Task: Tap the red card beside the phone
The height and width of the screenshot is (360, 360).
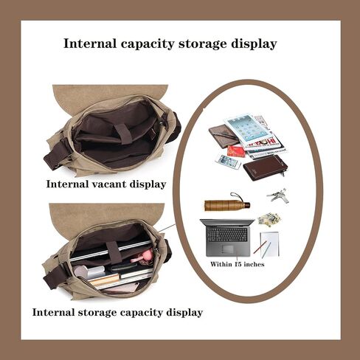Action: pyautogui.click(x=236, y=152)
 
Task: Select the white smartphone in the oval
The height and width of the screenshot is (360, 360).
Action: pyautogui.click(x=228, y=162)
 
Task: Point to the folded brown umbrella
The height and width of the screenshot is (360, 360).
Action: pyautogui.click(x=227, y=204)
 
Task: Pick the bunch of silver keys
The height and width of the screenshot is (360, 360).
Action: pyautogui.click(x=278, y=196)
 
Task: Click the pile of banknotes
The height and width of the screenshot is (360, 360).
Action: pyautogui.click(x=269, y=219)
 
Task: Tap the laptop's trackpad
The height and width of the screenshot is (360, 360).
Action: pyautogui.click(x=228, y=249)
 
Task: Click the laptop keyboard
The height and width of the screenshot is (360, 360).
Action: pyautogui.click(x=227, y=235)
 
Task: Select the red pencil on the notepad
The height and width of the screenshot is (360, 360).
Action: pyautogui.click(x=260, y=247)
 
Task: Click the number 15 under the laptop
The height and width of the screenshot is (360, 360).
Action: pyautogui.click(x=238, y=264)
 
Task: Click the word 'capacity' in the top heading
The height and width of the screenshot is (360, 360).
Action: pyautogui.click(x=148, y=44)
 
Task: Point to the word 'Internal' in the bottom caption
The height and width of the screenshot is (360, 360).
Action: pyautogui.click(x=53, y=312)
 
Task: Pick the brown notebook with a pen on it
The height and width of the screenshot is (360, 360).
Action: pyautogui.click(x=224, y=136)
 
